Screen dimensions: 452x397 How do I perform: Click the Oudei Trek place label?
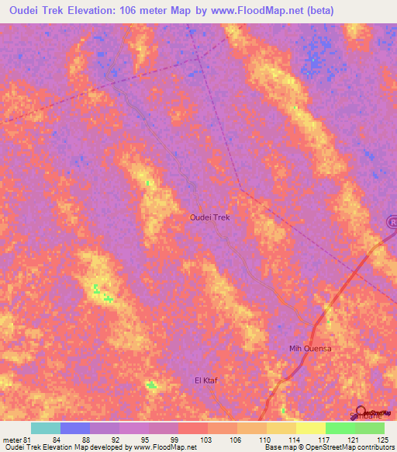(209, 218)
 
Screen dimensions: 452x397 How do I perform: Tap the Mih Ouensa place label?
(309, 349)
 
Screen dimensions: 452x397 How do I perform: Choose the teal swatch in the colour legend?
(46, 428)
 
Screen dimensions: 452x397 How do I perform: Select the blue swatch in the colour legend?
(75, 428)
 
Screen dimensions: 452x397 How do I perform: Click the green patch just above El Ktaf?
(150, 384)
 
